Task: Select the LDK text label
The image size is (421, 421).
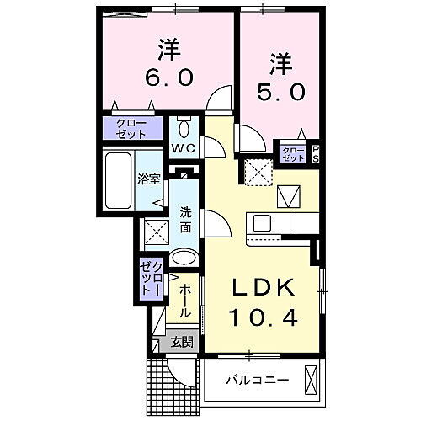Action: pyautogui.click(x=264, y=289)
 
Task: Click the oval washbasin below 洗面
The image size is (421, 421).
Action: pyautogui.click(x=184, y=258)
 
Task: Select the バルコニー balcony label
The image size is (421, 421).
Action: pyautogui.click(x=257, y=381)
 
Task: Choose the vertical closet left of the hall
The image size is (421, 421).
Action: pyautogui.click(x=148, y=278)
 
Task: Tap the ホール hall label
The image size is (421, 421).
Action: pyautogui.click(x=186, y=301)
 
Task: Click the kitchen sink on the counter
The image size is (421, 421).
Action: pyautogui.click(x=260, y=224)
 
